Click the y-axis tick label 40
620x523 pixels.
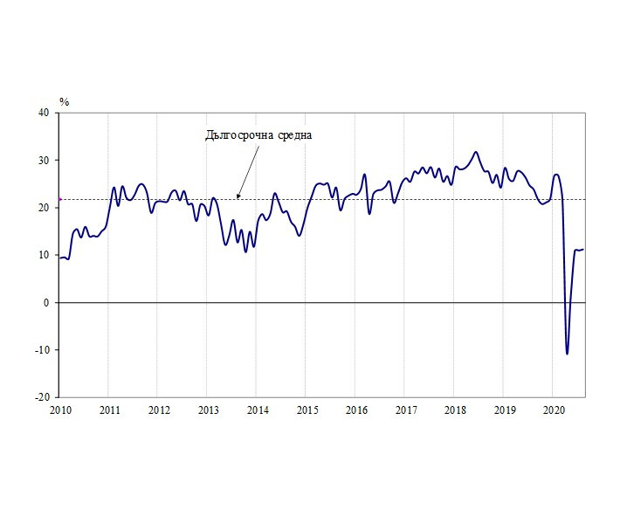pos(44,113)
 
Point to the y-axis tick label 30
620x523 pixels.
pos(44,161)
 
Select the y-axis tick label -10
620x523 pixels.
pos(41,350)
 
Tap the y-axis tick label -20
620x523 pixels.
pos(41,397)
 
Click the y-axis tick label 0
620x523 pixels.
pos(46,303)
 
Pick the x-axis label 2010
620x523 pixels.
pos(59,409)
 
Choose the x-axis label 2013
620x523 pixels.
pos(208,409)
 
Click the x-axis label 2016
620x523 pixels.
pos(355,409)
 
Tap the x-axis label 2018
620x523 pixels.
pos(454,409)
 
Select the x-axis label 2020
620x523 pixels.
pos(553,409)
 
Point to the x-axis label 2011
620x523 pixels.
pos(109,409)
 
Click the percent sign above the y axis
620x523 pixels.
pos(64,101)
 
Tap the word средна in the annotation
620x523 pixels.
pos(291,135)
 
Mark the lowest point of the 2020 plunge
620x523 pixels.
pos(567,354)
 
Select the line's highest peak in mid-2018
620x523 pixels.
pos(476,152)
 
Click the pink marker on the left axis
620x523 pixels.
pos(59,199)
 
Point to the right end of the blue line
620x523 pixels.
pos(583,249)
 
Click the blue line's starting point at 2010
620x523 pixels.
pos(59,258)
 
